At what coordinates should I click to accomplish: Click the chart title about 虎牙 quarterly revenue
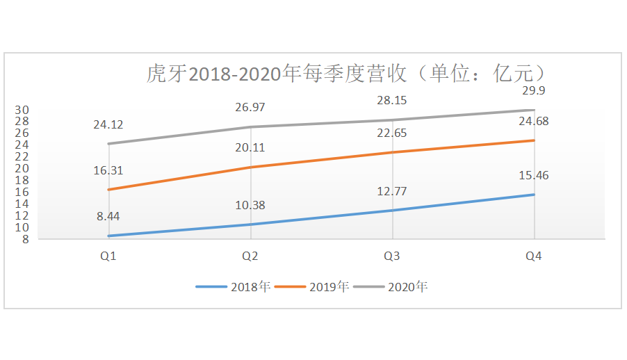[x=345, y=73]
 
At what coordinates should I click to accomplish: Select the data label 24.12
[x=108, y=125]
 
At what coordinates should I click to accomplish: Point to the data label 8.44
[x=108, y=216]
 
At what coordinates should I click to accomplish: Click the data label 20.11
[x=250, y=147]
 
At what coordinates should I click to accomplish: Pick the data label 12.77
[x=391, y=191]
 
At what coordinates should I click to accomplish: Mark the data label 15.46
[x=534, y=175]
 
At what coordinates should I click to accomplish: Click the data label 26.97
[x=250, y=107]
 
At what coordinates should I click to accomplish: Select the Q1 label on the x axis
[x=108, y=256]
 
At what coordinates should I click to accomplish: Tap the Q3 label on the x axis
[x=391, y=256]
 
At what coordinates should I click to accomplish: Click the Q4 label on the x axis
[x=534, y=256]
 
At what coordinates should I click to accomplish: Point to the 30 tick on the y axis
[x=23, y=110]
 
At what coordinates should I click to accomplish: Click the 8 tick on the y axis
[x=26, y=240]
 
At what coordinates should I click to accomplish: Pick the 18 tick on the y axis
[x=23, y=180]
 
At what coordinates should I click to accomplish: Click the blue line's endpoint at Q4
[x=534, y=195]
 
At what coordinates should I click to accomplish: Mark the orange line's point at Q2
[x=250, y=167]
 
